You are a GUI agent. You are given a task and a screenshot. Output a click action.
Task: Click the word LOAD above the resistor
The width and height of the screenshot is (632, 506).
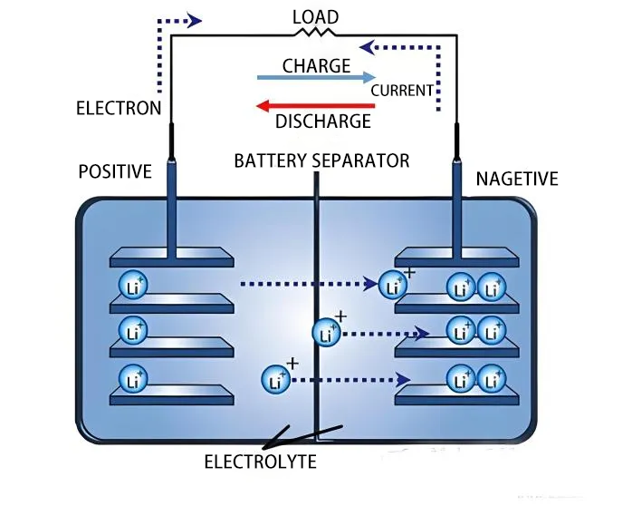click(316, 17)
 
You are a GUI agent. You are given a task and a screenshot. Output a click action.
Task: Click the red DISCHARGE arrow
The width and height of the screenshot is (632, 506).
click(313, 105)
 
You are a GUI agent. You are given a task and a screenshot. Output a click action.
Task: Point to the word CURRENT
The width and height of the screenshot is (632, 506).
click(403, 91)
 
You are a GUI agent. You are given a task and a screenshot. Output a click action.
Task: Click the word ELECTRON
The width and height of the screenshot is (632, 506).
click(119, 109)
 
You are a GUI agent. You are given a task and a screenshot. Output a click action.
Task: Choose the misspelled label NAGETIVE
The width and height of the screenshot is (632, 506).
click(517, 179)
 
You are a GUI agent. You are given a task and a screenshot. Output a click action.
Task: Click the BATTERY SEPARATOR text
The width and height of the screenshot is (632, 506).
click(321, 161)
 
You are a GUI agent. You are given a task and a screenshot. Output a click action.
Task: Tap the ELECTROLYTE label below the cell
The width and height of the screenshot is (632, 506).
click(260, 462)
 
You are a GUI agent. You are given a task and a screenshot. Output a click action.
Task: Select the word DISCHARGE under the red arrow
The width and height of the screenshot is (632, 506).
click(323, 121)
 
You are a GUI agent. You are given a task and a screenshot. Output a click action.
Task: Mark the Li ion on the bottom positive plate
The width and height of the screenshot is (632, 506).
click(132, 376)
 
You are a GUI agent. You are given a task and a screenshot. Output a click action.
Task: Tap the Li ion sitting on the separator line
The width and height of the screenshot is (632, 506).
click(326, 333)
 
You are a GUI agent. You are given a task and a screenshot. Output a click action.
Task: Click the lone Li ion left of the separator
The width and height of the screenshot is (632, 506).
click(275, 379)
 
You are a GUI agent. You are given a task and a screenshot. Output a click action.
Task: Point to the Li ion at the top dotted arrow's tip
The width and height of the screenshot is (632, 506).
click(392, 285)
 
